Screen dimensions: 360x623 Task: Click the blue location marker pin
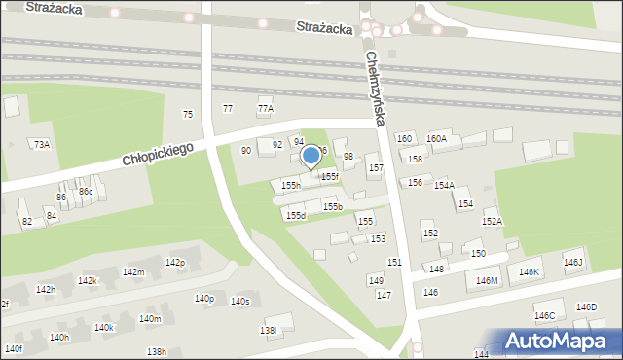pos(311,156)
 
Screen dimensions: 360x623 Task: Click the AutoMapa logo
pos(559,342)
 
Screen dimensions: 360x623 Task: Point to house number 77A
pos(266,109)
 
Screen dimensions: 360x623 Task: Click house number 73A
pos(42,144)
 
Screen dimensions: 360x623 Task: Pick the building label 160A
pos(436,139)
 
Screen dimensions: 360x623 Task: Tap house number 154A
pos(444,185)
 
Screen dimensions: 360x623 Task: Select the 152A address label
pos(492,222)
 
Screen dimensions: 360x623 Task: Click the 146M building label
pos(487,281)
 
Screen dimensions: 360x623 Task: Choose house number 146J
pos(572,263)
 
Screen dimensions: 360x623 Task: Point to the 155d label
pos(296,215)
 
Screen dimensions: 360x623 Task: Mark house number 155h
pos(291,185)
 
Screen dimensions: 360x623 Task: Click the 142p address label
pos(175,263)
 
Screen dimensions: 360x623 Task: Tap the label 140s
pos(239,302)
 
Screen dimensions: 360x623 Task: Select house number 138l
pos(268,331)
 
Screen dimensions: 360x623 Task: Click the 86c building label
pos(86,192)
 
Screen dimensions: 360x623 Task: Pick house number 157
pos(375,168)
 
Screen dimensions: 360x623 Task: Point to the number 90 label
pos(246,151)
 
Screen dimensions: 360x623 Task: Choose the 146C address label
pos(544,316)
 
